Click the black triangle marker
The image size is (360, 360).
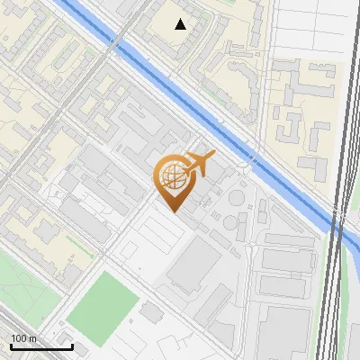point(181,24)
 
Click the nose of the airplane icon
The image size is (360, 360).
point(214,156)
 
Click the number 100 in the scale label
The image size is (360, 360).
point(19,338)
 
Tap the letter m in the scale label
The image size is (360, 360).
point(32,338)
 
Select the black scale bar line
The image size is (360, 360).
point(41,346)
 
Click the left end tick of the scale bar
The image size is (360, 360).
point(11,345)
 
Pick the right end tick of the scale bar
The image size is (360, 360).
point(72,345)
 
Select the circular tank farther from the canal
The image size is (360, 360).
point(231,220)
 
